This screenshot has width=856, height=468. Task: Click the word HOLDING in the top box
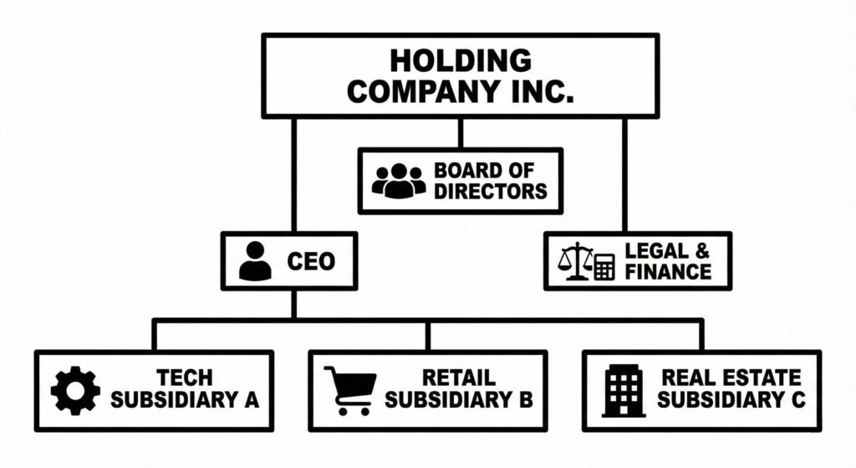[460, 60]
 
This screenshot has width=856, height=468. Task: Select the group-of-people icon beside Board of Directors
[398, 180]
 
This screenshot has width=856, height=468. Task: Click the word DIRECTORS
[490, 192]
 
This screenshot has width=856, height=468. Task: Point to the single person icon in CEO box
[255, 262]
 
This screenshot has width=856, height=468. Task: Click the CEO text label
[310, 262]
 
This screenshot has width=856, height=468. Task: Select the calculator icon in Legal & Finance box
[604, 266]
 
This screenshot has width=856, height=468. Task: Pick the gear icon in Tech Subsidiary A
[75, 391]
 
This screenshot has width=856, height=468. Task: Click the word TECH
[184, 378]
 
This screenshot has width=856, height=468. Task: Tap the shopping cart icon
[349, 391]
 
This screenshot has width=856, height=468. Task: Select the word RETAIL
[458, 378]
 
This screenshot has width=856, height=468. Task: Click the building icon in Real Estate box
[624, 391]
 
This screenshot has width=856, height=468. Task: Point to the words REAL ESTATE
[731, 378]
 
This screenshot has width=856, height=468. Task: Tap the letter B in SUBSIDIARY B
[523, 400]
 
